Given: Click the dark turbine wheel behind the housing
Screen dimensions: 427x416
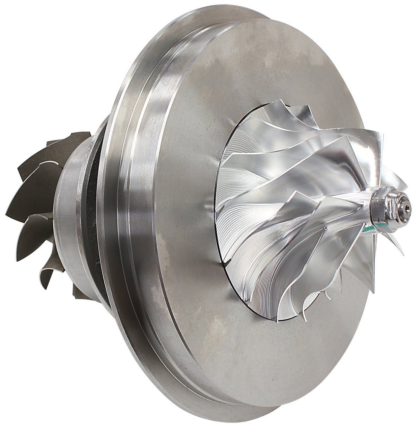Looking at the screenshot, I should click(x=42, y=208).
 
